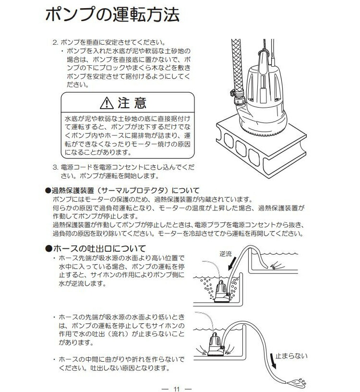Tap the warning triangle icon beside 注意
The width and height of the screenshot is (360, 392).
[105, 103]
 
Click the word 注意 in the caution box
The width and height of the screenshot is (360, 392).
[131, 103]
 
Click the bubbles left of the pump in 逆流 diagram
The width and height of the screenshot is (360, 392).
[207, 288]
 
